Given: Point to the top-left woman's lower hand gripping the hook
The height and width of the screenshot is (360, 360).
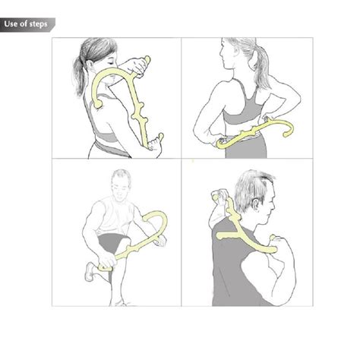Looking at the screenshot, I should pos(156,141).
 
